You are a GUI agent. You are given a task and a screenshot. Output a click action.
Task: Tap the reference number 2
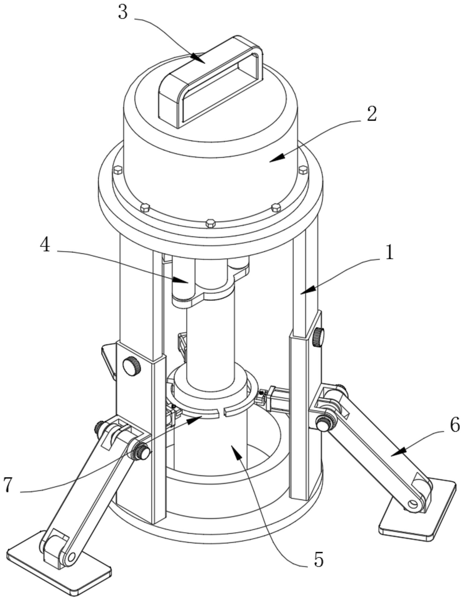point(372,114)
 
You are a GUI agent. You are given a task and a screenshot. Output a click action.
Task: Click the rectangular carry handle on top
point(210,82)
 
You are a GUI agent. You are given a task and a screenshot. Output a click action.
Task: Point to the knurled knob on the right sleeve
point(318,337)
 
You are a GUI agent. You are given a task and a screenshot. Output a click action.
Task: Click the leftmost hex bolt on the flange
point(117,170)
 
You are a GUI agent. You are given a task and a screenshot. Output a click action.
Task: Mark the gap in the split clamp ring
point(221,412)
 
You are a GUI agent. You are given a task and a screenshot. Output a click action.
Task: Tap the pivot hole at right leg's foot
point(413,504)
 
